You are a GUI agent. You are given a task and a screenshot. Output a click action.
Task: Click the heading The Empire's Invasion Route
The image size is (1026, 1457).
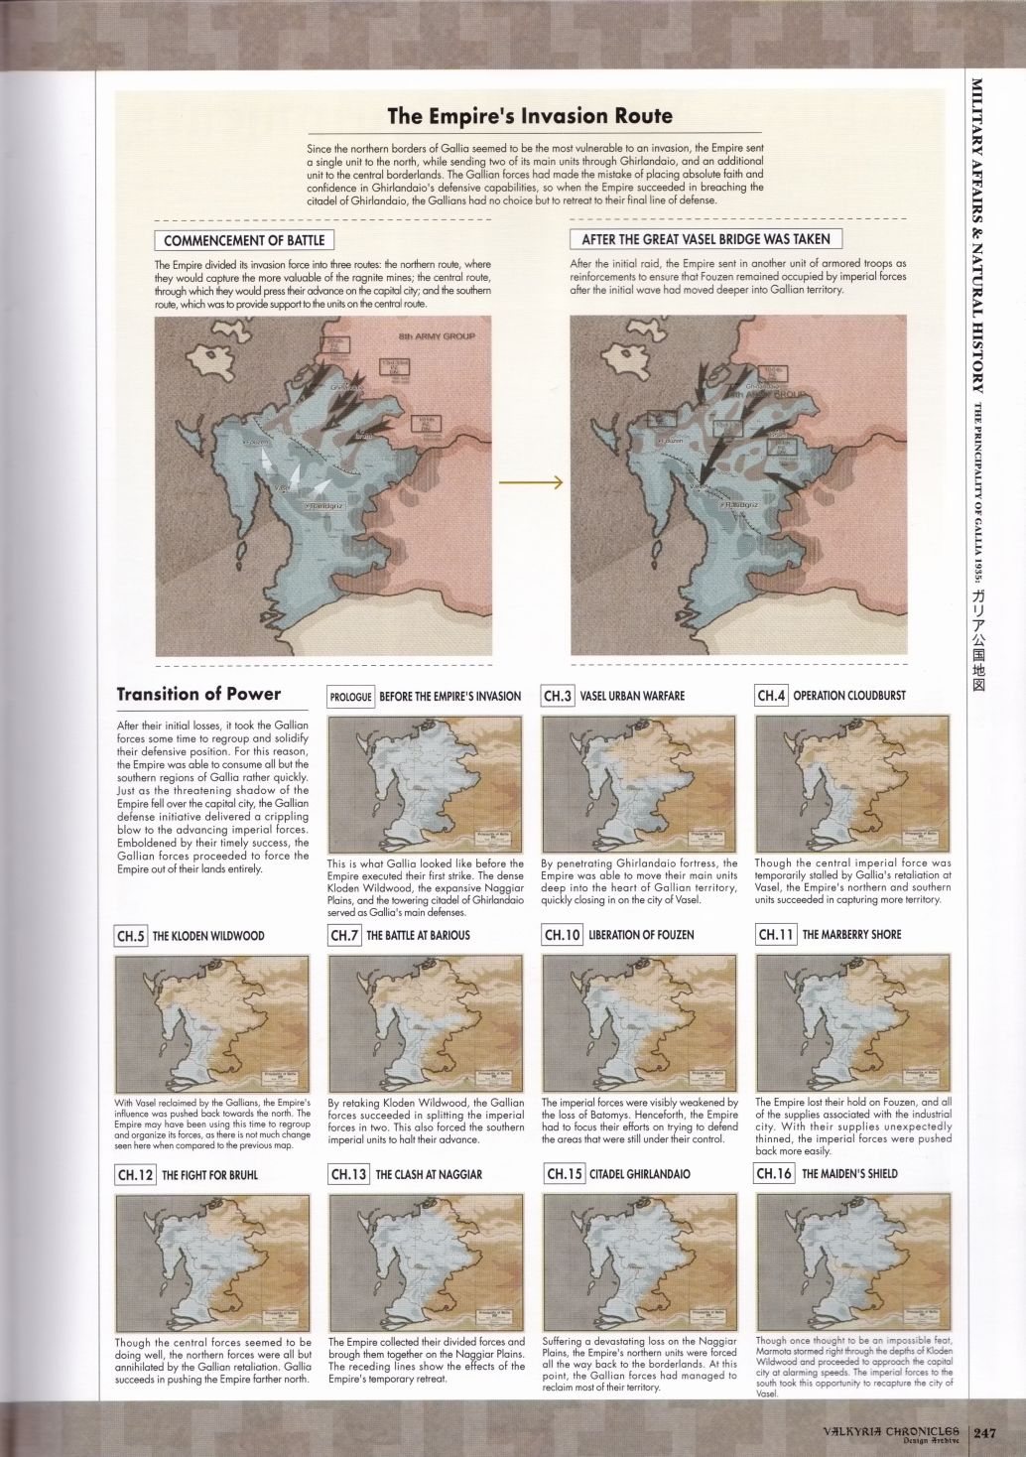point(530,116)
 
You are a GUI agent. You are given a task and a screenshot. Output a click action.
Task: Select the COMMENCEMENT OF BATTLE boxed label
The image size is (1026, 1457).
point(243,240)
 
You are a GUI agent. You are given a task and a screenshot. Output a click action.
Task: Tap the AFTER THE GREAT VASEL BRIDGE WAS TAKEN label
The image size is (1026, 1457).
point(706,239)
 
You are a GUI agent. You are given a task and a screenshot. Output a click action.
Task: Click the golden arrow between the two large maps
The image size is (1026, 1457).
point(530,482)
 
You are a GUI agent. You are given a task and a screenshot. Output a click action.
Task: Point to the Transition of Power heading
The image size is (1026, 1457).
point(198,694)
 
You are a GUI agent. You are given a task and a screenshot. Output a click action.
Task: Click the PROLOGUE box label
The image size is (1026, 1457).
point(350,697)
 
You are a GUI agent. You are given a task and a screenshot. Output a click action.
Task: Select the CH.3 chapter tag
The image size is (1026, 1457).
point(558,696)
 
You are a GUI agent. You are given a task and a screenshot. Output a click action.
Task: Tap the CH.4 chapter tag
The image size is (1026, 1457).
point(771,696)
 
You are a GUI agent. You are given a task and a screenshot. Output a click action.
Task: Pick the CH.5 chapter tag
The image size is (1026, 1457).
point(131,936)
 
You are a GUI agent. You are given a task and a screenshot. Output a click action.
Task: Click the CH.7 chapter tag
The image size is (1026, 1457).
point(343,935)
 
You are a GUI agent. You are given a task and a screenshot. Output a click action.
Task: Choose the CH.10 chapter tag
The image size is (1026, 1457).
point(562,935)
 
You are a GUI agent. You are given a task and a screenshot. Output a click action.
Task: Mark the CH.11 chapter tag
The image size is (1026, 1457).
point(775,935)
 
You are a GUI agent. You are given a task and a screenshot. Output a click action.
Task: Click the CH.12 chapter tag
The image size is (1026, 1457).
point(135,1175)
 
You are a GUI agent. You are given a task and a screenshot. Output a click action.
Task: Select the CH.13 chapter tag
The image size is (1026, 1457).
point(348,1174)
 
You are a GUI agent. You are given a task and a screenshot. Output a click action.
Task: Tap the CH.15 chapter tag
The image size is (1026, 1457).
point(564,1174)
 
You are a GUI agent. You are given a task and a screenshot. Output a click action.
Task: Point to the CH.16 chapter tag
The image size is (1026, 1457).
point(775,1174)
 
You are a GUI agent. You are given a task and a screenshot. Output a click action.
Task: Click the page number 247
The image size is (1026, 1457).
point(984,1432)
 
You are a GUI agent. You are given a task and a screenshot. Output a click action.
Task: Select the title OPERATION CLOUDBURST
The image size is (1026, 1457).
point(849,696)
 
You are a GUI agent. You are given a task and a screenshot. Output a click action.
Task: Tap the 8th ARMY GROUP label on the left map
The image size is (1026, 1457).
point(437,336)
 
